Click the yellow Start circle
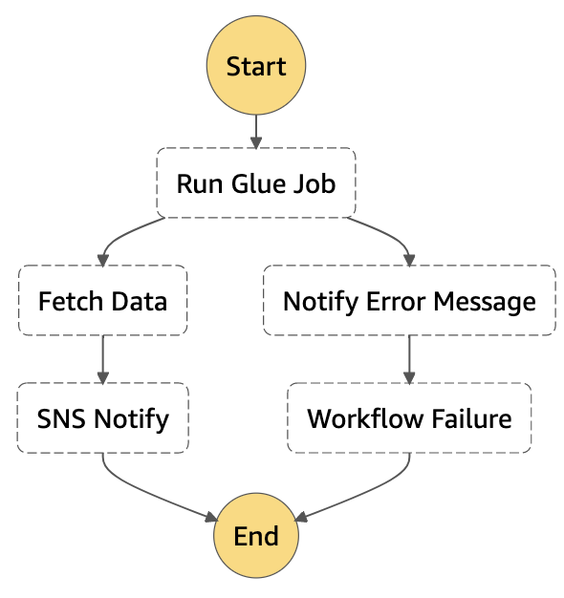coord(256,67)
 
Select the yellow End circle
coord(256,535)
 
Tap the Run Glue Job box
coord(256,182)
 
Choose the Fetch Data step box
coord(102,301)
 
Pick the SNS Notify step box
coord(102,418)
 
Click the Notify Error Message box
coord(409,301)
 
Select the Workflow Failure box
coord(409,418)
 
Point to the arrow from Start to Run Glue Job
coord(256,130)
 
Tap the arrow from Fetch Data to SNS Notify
coord(102,359)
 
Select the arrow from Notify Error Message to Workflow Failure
coord(409,359)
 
